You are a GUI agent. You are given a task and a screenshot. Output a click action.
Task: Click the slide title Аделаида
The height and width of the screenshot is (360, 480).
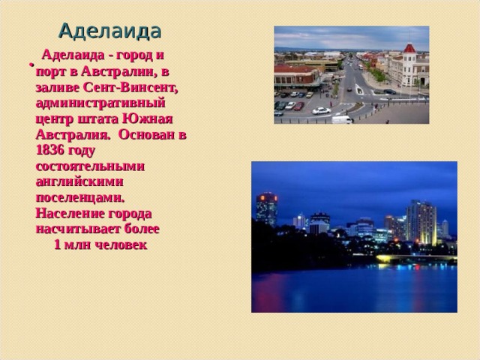point(109,31)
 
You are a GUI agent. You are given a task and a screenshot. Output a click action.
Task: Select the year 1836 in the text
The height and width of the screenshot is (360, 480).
point(49,149)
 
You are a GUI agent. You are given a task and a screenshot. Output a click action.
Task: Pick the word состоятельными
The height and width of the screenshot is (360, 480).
point(89,165)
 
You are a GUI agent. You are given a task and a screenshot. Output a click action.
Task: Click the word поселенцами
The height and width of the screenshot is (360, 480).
point(79,196)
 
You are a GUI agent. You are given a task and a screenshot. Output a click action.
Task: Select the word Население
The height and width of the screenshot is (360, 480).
point(70,212)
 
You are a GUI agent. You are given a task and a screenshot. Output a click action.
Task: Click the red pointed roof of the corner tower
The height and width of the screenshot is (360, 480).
point(409,49)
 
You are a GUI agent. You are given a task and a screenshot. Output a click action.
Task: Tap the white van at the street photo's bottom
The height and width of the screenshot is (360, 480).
point(341,119)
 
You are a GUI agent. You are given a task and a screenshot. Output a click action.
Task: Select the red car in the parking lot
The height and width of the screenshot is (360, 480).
point(298,106)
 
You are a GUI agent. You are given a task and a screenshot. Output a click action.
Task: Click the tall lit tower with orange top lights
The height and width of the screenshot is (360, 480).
point(266,206)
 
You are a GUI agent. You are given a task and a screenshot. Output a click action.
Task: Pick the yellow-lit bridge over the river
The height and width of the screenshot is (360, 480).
point(416,259)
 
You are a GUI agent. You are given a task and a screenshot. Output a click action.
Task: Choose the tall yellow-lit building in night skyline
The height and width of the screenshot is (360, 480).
point(421,221)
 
